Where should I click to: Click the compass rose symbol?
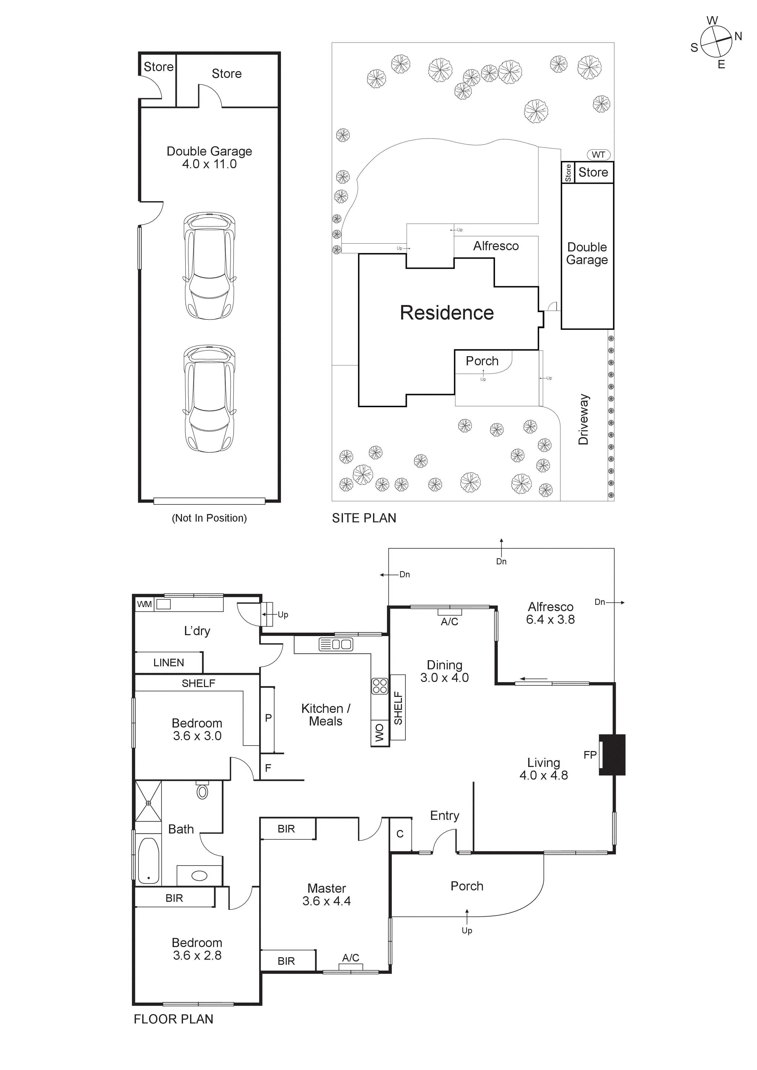(x=716, y=41)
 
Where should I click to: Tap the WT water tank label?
(x=598, y=155)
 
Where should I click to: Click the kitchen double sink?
(x=336, y=645)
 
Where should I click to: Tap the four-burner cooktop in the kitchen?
(x=380, y=686)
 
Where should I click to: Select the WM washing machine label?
(x=144, y=605)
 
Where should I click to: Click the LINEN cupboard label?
(x=168, y=663)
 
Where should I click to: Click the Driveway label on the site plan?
(x=583, y=419)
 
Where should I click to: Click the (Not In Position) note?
(x=209, y=518)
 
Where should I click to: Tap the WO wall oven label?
(x=380, y=733)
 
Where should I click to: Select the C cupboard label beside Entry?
(x=400, y=834)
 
